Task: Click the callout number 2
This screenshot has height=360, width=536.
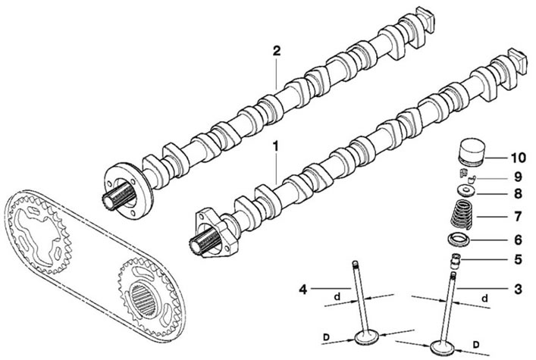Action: click(276, 51)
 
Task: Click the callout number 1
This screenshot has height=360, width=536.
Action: click(275, 146)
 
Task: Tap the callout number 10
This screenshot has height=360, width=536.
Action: click(518, 158)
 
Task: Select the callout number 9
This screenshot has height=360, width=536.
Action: click(519, 177)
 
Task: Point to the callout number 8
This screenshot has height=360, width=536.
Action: click(519, 194)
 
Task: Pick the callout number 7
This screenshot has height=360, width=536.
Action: click(519, 217)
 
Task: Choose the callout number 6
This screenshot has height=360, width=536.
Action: click(519, 239)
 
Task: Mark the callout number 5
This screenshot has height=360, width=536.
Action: click(519, 259)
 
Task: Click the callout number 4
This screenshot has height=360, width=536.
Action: click(302, 290)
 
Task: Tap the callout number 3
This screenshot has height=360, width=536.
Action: click(519, 290)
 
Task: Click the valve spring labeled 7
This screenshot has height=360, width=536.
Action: click(462, 214)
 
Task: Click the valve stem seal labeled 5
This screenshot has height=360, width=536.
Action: click(456, 261)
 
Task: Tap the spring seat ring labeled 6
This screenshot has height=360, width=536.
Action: click(459, 239)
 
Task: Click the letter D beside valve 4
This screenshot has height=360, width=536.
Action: click(326, 337)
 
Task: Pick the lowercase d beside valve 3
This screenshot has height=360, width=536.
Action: click(484, 299)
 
